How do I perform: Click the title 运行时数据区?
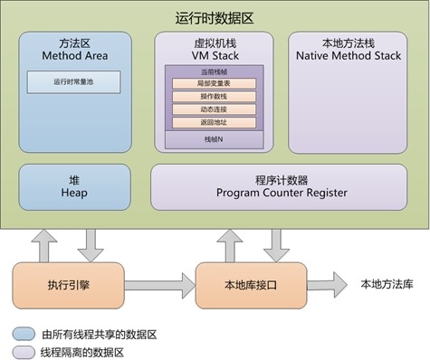pos(215,17)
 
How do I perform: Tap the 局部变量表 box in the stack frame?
pos(214,83)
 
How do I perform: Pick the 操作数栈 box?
pos(214,96)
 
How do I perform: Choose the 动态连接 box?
pos(214,109)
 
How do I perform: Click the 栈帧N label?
pos(214,140)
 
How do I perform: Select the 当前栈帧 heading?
pos(214,70)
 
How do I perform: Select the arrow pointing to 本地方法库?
pos(327,283)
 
